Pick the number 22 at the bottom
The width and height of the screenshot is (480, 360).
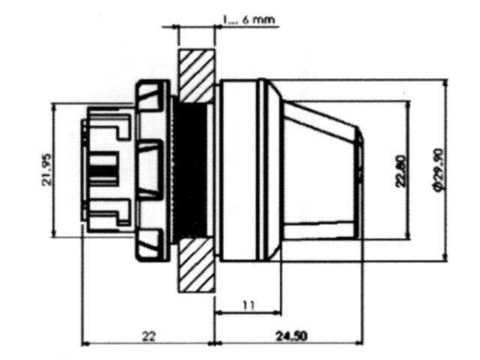(x=148, y=337)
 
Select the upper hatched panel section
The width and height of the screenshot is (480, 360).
(x=196, y=73)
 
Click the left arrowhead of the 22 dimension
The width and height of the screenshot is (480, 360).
(x=85, y=343)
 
